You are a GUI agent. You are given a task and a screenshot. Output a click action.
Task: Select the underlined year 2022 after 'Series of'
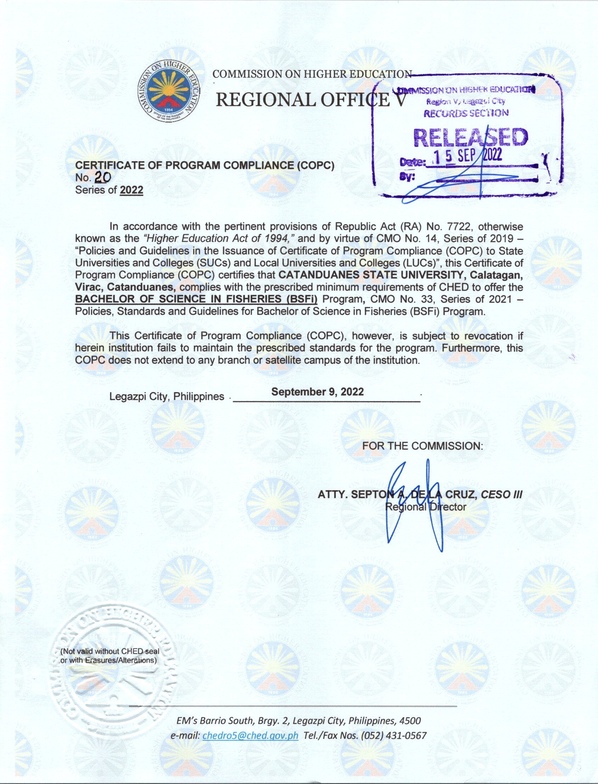132,190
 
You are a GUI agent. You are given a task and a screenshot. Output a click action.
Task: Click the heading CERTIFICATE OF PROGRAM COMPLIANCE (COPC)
205,166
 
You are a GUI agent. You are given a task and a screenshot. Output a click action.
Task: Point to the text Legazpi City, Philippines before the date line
167,396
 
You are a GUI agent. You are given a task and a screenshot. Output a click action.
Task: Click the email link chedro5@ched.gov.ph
250,735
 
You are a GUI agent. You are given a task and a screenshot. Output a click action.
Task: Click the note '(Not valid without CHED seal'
110,651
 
